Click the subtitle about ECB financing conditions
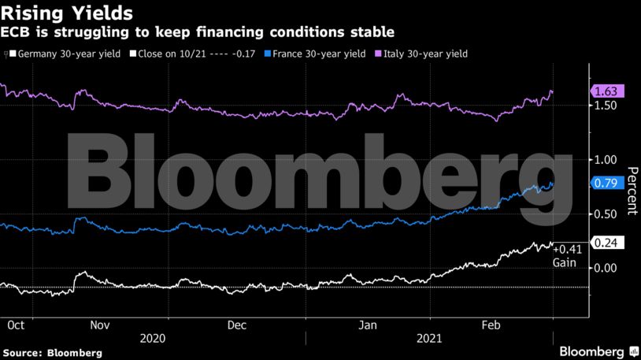198,32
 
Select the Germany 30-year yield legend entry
68,54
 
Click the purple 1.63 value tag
608,91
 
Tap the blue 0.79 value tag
608,183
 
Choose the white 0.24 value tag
608,243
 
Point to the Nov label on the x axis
100,324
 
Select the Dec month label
236,324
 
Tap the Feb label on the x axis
492,324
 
